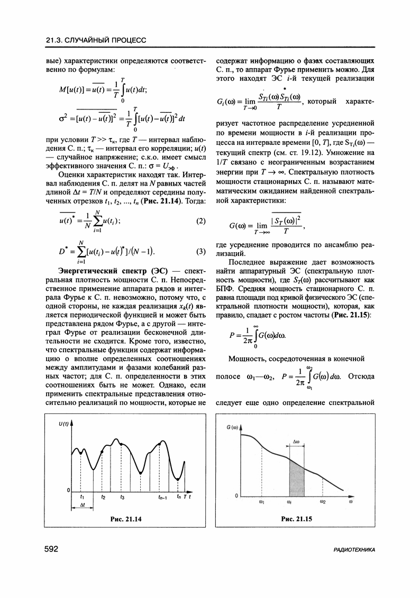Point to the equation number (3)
point(200,251)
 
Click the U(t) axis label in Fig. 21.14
point(64,424)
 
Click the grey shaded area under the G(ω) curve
point(296,479)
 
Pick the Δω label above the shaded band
point(297,440)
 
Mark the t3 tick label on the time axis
point(122,497)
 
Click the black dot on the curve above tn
point(178,478)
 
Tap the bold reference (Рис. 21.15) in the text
point(349,315)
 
